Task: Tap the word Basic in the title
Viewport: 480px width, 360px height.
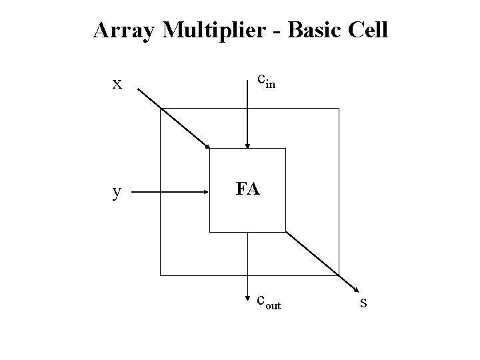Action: pos(319,30)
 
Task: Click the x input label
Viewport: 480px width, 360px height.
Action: pos(117,84)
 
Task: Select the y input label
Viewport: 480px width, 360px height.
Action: pos(117,193)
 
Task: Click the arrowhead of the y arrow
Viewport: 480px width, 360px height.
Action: pos(207,193)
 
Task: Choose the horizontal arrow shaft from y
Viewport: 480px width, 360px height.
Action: pos(173,193)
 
